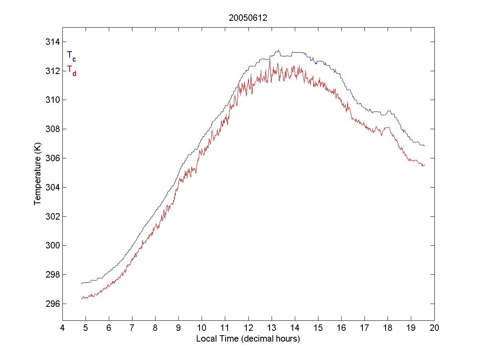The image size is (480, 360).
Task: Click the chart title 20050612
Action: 248,18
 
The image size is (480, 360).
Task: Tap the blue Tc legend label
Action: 71,56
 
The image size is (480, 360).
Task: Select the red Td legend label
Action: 71,70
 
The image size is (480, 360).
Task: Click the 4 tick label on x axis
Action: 62,329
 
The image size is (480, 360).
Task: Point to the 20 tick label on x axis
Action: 434,329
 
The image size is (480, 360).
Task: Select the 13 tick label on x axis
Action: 272,329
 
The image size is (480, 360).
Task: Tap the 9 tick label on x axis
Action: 179,329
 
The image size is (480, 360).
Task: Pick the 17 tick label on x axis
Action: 365,329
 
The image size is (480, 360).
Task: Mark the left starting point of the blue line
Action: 81,284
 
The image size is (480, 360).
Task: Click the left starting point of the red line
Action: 81,299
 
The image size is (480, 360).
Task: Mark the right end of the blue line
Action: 424,146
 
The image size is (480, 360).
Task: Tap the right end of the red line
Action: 424,165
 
